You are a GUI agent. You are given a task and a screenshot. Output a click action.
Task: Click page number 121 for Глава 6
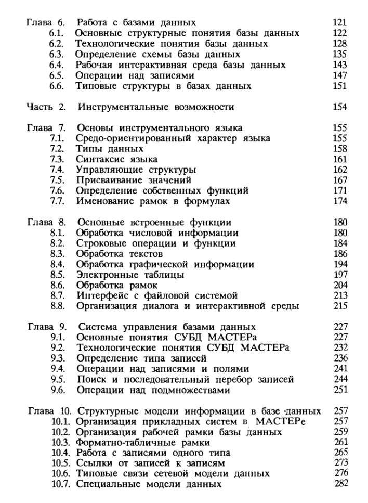tap(339, 23)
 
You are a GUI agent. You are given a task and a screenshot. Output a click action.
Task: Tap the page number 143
tap(339, 65)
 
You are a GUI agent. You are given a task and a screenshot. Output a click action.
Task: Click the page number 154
tap(339, 108)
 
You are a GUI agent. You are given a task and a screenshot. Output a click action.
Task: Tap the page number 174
tap(339, 201)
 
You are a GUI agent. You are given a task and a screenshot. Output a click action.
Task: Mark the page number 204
tap(339, 286)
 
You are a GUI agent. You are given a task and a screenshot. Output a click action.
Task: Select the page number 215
tap(339, 306)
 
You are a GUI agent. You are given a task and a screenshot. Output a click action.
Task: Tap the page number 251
tap(339, 390)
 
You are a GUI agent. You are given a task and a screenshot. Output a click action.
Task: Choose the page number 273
tap(339, 463)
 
